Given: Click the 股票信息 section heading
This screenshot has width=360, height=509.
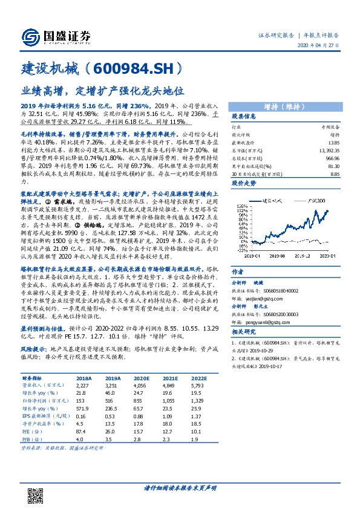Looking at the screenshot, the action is (x=244, y=116).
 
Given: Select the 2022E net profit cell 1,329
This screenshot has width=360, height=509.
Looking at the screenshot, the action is (x=194, y=400).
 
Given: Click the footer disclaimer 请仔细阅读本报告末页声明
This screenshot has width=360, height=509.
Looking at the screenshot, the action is (x=180, y=487).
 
